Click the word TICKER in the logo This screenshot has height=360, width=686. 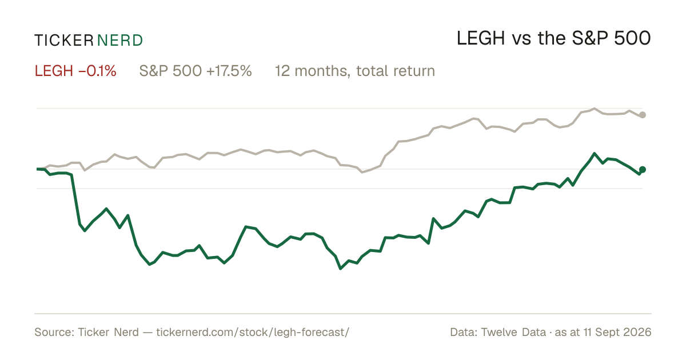(x=64, y=41)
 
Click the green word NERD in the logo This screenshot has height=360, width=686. (x=120, y=41)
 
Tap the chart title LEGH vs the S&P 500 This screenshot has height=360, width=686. (x=554, y=39)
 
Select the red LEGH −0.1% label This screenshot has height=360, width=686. (x=75, y=71)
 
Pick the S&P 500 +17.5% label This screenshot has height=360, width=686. (x=196, y=71)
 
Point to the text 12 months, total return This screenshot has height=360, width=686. (x=355, y=71)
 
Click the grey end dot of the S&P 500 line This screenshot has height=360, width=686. (x=643, y=115)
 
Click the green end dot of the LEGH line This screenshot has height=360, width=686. (x=643, y=169)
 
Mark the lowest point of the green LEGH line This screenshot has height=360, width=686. (x=341, y=269)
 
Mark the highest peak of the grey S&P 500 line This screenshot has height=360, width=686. (x=595, y=109)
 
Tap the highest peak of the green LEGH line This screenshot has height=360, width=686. (x=595, y=153)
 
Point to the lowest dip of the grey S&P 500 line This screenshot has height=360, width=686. (x=362, y=173)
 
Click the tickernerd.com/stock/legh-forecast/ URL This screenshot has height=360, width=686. (x=253, y=332)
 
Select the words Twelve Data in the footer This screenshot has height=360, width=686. (x=513, y=332)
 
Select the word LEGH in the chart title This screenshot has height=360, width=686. (x=481, y=39)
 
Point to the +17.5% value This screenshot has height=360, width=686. (x=229, y=71)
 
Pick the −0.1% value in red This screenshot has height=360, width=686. (x=98, y=71)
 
